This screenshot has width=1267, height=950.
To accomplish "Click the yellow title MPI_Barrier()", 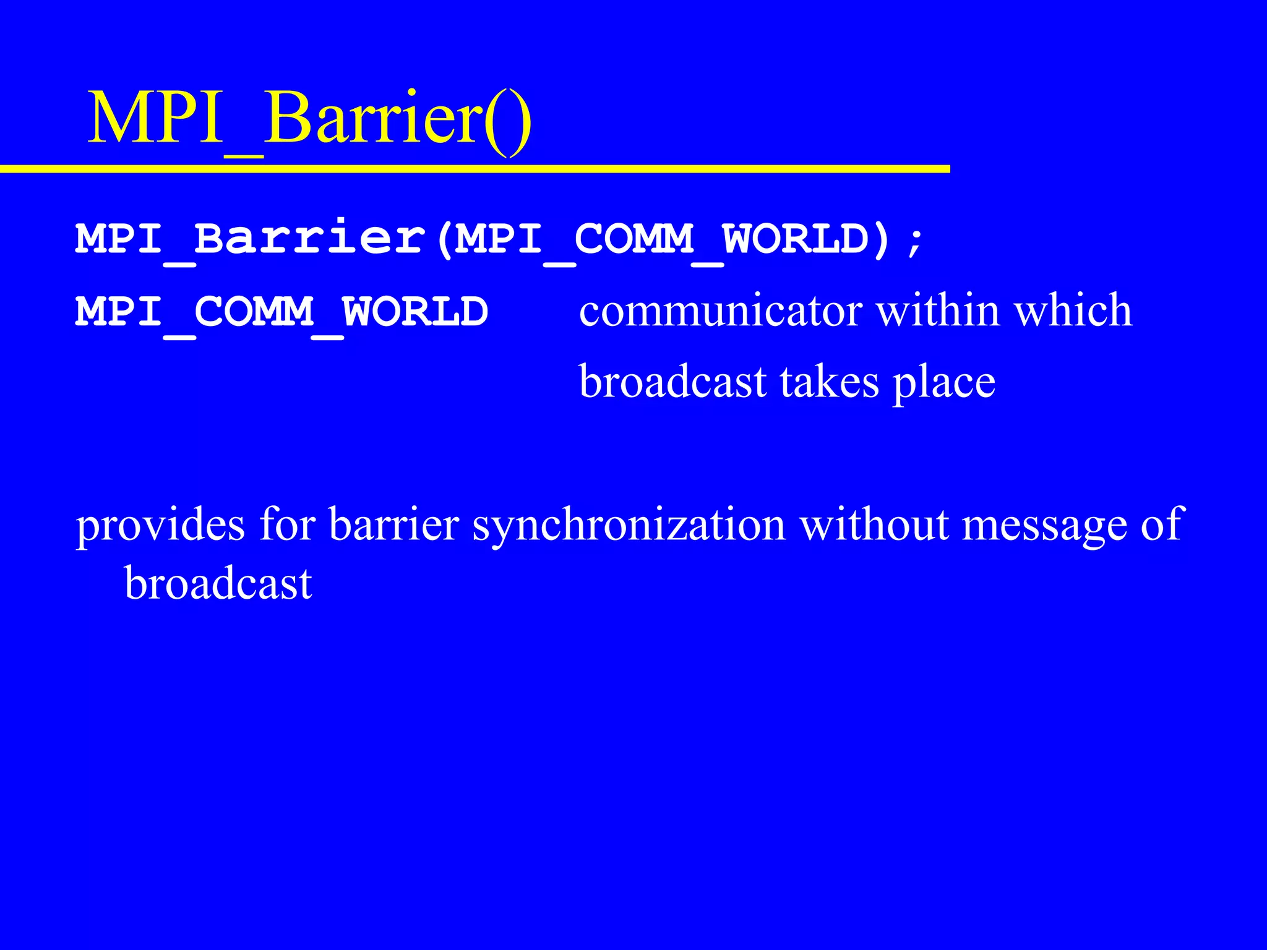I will (x=309, y=119).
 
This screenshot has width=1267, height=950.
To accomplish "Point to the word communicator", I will (x=721, y=310).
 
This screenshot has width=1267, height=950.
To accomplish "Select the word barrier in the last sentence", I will (x=393, y=524).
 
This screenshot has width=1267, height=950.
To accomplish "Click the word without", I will (x=874, y=524).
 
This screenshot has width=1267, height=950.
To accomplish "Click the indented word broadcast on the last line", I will (x=218, y=583).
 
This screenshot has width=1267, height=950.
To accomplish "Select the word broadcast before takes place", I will (x=672, y=382).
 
